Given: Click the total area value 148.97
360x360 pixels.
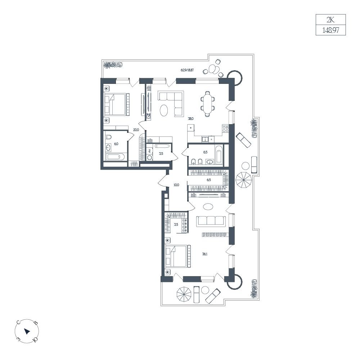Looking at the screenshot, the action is click(x=330, y=30).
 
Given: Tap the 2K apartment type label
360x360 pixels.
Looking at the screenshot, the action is click(x=330, y=20).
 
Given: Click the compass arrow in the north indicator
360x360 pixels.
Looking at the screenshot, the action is click(x=27, y=331).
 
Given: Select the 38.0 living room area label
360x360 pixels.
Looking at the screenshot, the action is click(x=191, y=119).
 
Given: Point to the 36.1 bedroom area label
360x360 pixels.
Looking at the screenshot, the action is click(x=205, y=254).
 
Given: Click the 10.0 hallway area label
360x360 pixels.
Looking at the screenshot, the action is click(x=176, y=185).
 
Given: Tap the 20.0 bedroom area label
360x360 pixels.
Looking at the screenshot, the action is click(x=136, y=130).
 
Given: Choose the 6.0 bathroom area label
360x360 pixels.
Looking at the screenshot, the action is click(x=116, y=144).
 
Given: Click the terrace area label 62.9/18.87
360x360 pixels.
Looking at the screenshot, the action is click(x=187, y=70).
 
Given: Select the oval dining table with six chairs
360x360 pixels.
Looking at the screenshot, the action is click(x=208, y=104).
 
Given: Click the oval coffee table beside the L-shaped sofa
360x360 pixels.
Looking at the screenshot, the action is click(x=164, y=111).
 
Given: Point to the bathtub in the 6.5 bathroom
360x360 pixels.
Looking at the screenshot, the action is click(x=219, y=155).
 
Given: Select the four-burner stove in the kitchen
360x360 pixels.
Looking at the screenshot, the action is click(x=225, y=129).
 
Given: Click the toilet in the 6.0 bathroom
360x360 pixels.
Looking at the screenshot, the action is click(x=109, y=138).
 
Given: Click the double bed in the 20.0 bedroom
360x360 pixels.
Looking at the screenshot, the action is click(x=117, y=104).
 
